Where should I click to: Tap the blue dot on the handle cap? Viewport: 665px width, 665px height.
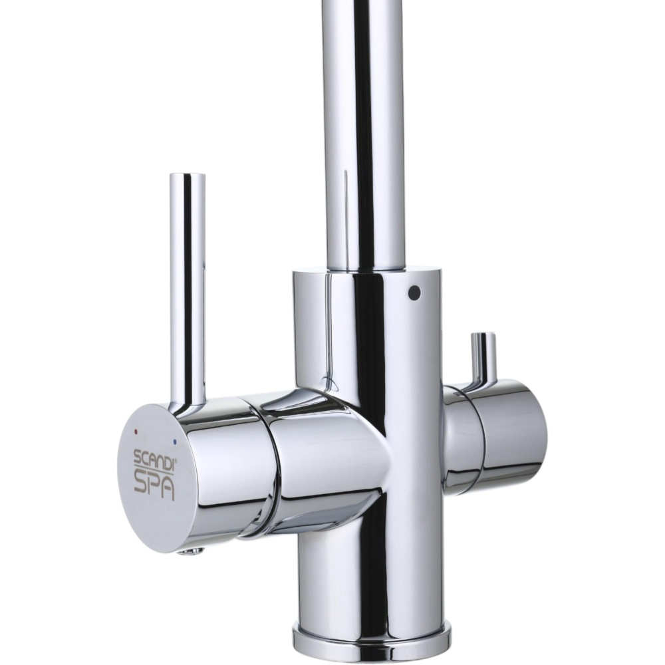tap(175, 442)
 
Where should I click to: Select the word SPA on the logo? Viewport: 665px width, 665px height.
tap(154, 487)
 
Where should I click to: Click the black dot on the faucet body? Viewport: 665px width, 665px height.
tap(414, 292)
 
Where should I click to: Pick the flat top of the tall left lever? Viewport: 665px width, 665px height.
tap(187, 175)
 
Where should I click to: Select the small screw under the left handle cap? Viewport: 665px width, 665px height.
tap(192, 551)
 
